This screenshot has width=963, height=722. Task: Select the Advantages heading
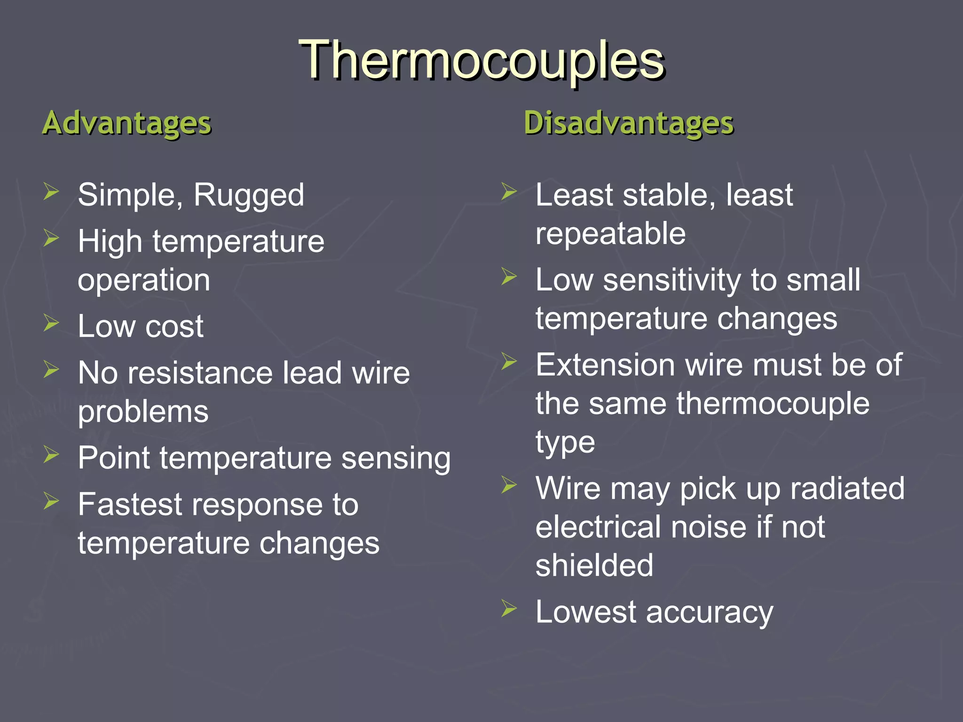127,123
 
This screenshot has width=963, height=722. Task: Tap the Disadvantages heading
629,123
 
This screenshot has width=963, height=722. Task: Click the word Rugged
249,196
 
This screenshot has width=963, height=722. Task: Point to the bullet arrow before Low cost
51,323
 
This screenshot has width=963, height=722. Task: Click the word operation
144,281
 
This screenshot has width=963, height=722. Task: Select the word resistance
200,373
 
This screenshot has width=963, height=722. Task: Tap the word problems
143,412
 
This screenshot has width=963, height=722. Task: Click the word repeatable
610,234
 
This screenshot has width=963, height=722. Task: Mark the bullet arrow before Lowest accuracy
509,608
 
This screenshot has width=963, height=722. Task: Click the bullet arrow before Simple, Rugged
51,192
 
